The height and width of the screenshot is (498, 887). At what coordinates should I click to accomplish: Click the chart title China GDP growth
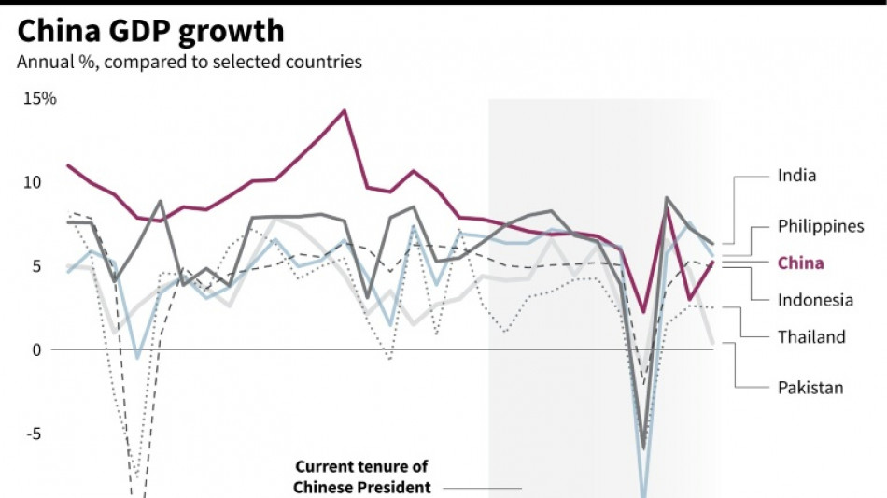coord(150,32)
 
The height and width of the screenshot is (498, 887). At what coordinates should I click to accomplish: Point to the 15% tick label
coord(40,98)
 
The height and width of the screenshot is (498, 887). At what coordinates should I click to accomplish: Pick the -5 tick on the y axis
coord(35,434)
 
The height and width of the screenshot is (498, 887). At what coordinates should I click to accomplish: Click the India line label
coord(796,175)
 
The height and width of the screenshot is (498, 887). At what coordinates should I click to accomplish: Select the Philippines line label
coord(821,226)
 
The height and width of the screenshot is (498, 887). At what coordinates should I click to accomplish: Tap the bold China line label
coord(800,263)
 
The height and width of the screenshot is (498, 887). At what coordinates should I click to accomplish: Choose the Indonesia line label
coord(815,300)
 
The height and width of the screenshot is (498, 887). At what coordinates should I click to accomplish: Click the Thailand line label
coord(811,336)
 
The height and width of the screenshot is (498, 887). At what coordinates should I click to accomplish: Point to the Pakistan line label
coord(810,387)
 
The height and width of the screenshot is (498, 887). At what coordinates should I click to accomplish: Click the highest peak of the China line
coord(345,110)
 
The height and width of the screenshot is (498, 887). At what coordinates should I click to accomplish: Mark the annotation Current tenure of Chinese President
coord(362,477)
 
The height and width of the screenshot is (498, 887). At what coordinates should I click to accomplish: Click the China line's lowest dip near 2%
coord(642,312)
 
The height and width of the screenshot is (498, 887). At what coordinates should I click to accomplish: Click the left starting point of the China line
coord(67,165)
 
